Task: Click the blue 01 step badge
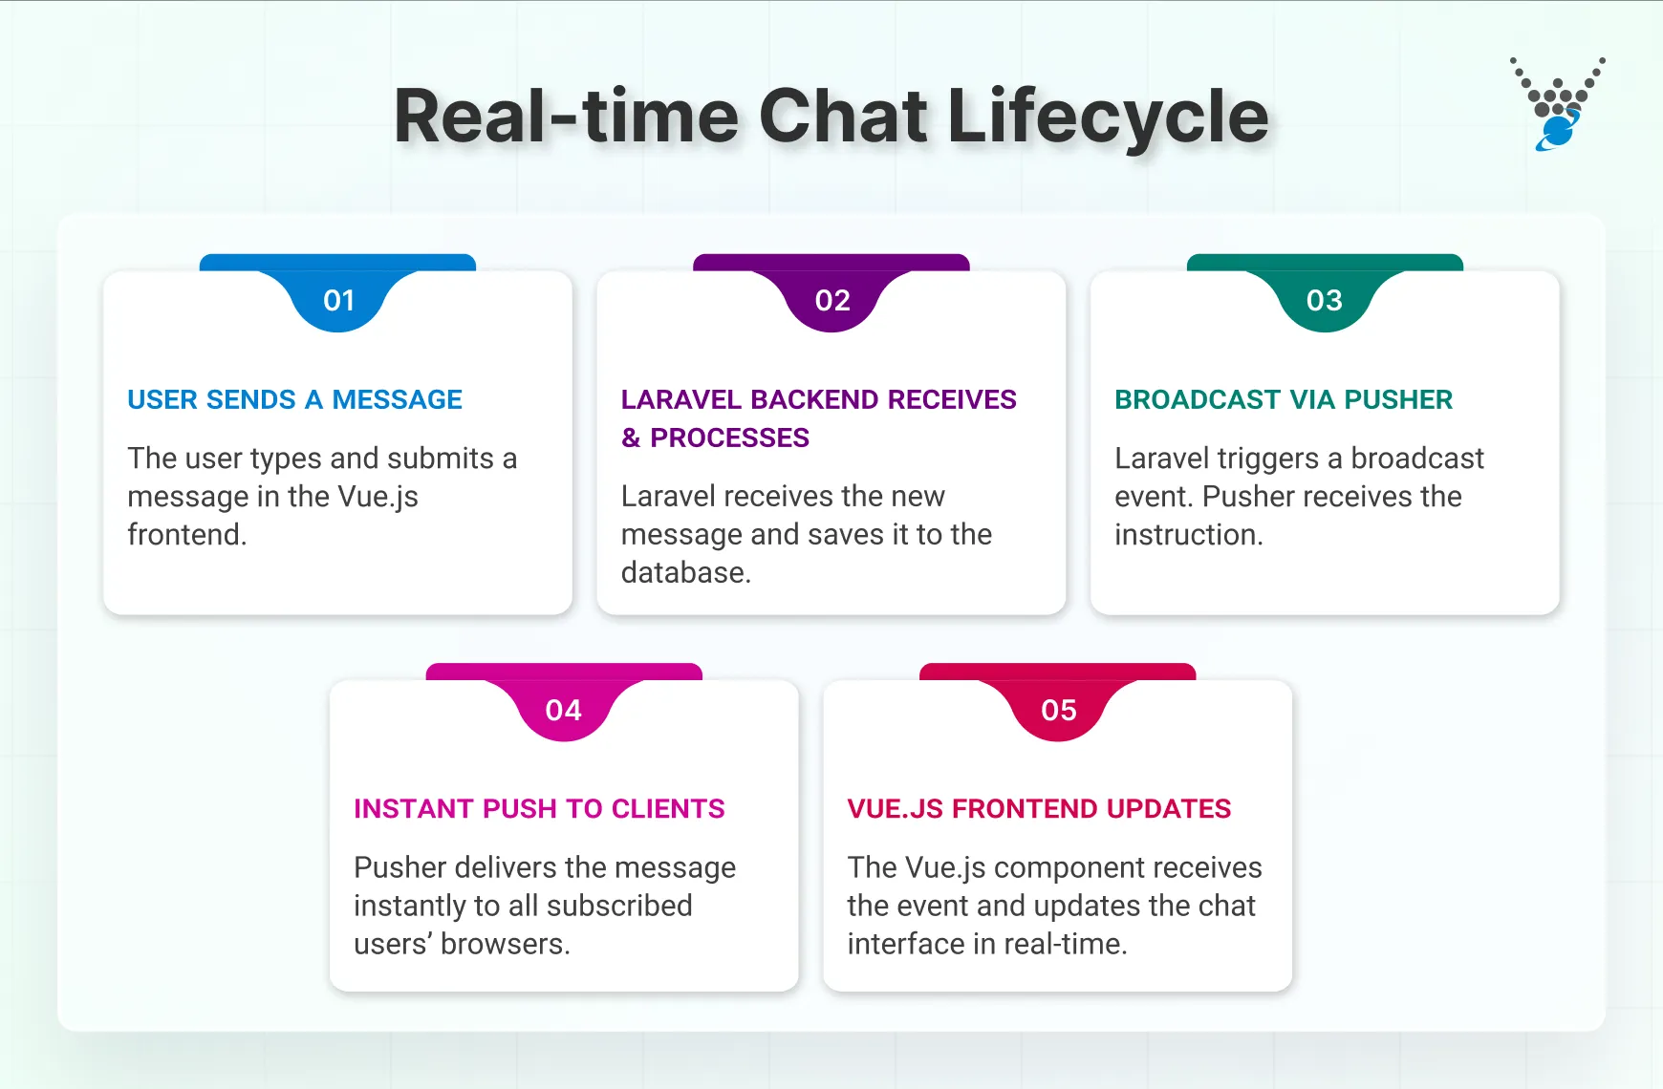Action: [338, 300]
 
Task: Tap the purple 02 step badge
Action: [831, 300]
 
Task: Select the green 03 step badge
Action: [1325, 300]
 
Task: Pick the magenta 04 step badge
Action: [564, 710]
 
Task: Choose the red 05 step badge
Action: [1058, 710]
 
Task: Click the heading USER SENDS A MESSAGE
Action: [294, 399]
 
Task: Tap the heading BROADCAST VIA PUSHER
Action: [1283, 399]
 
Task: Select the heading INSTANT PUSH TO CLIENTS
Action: [539, 809]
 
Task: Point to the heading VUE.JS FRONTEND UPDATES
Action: [1039, 809]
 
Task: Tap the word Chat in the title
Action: [842, 117]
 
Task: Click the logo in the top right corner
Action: [1557, 104]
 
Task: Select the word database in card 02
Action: [684, 573]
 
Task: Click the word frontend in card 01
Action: [185, 535]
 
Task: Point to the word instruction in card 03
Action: [1188, 535]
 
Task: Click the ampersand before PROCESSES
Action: [631, 438]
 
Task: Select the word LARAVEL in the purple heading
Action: [680, 399]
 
